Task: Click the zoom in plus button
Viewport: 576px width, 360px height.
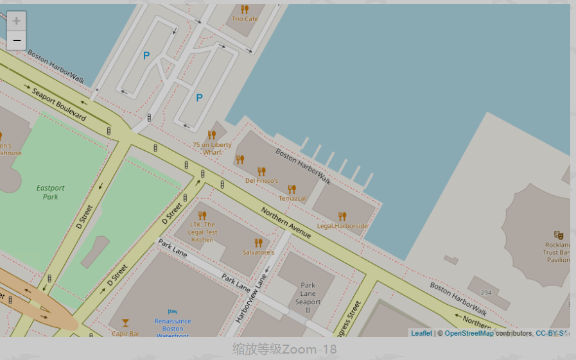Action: click(x=16, y=21)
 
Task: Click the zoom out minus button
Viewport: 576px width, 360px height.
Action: click(x=16, y=40)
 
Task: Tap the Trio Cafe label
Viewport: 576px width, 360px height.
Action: click(x=245, y=19)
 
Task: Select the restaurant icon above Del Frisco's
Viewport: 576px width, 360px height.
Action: click(x=261, y=171)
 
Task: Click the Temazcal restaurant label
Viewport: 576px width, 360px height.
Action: click(x=292, y=198)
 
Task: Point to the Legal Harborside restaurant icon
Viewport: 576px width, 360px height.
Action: click(x=342, y=216)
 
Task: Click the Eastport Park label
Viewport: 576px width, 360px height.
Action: click(x=50, y=192)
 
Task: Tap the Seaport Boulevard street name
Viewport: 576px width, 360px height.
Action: click(x=58, y=104)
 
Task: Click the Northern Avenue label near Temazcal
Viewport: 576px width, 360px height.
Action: click(x=286, y=223)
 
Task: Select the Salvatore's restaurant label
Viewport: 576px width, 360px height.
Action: click(x=258, y=252)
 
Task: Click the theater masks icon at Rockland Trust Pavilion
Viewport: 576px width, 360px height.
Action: click(x=558, y=236)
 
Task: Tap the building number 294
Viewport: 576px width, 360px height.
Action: click(x=485, y=293)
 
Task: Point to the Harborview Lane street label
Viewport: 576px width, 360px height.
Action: click(x=250, y=299)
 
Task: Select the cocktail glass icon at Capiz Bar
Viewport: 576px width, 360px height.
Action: click(x=125, y=323)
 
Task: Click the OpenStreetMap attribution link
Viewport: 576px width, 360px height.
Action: click(x=469, y=333)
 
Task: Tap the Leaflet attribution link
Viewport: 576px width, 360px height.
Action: click(x=421, y=333)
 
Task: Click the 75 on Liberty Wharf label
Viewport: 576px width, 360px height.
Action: click(x=212, y=148)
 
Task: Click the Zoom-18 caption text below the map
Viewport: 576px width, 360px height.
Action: click(x=284, y=349)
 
